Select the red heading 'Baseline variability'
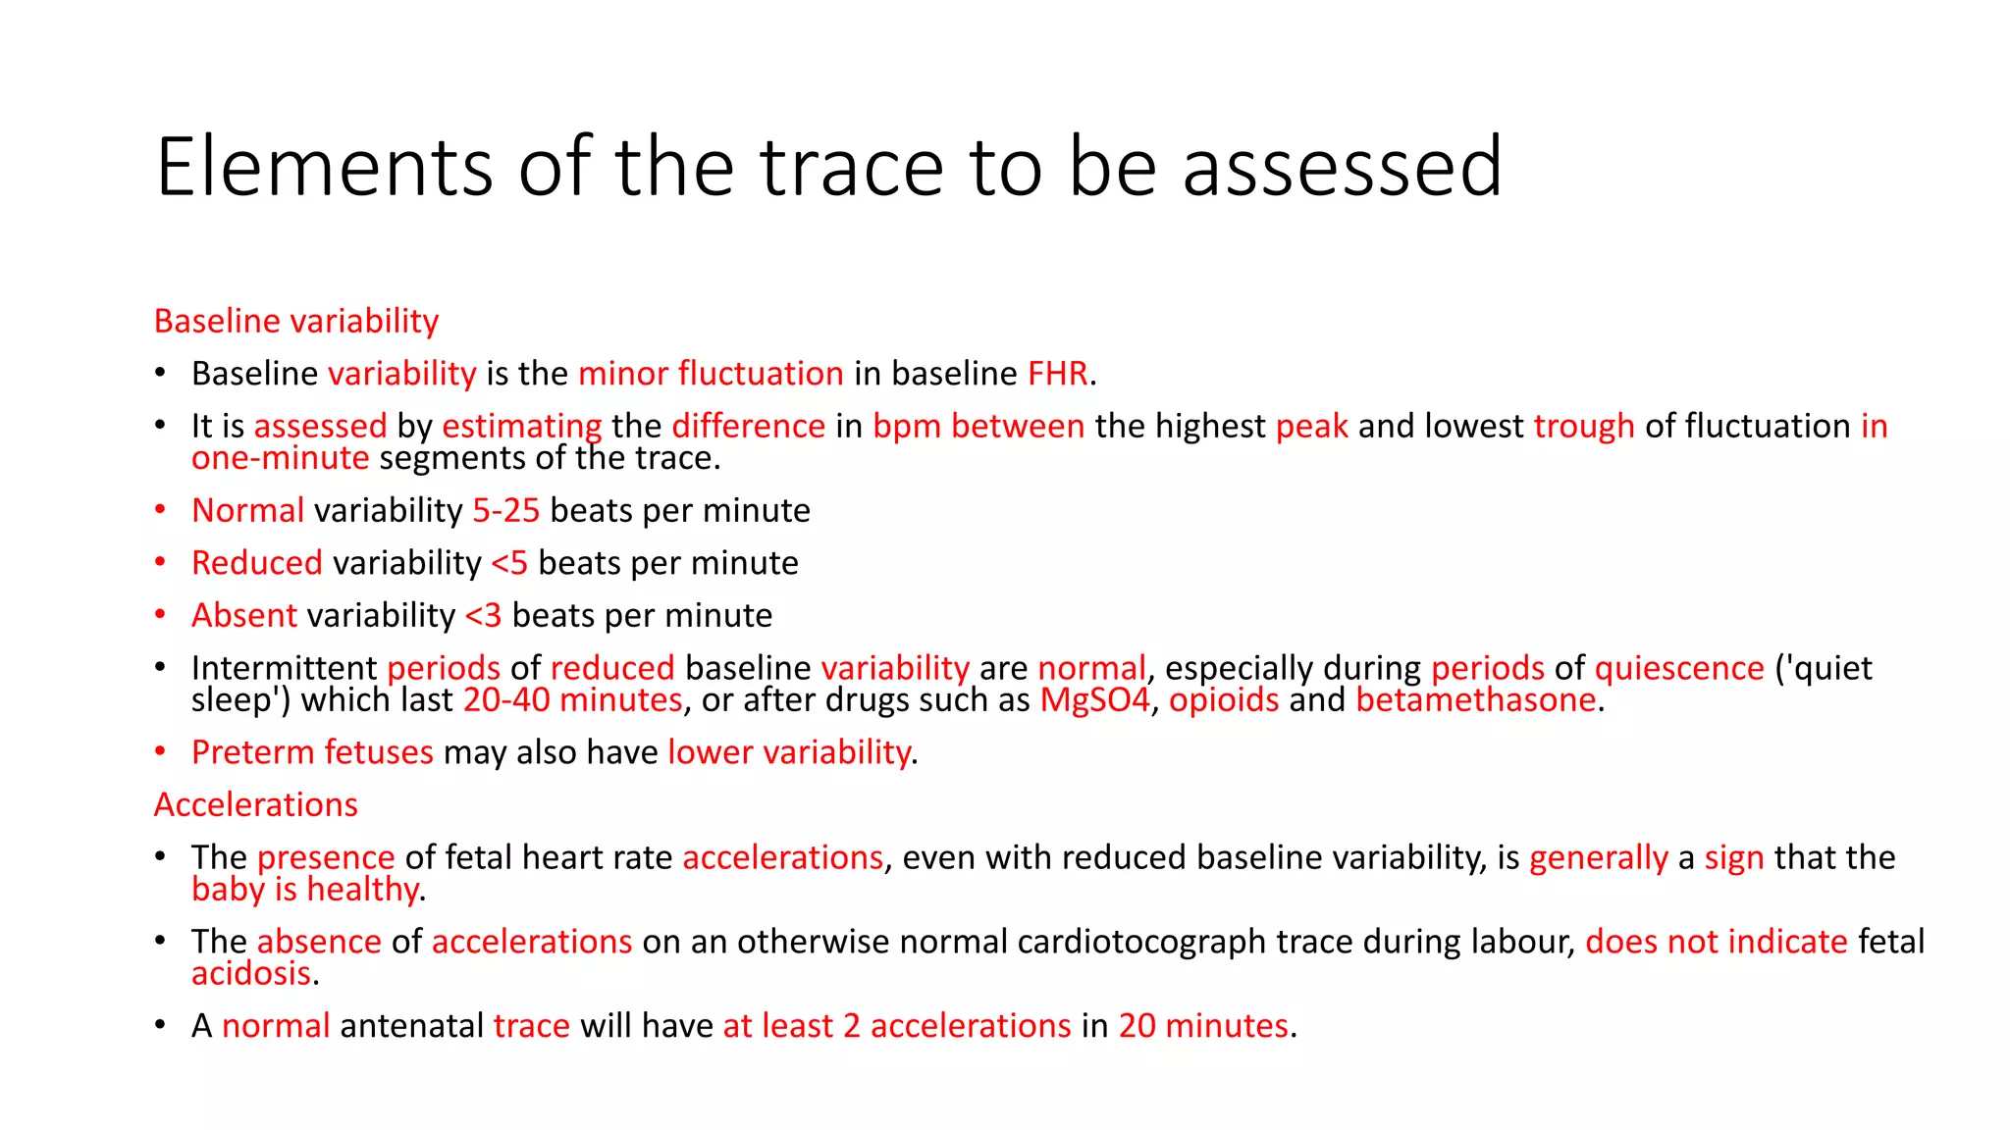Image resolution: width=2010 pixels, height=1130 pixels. pos(296,321)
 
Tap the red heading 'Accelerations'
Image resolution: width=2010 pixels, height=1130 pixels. pos(256,804)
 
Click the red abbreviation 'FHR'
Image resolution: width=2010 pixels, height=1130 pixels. pos(1058,374)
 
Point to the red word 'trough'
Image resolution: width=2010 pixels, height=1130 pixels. pos(1584,426)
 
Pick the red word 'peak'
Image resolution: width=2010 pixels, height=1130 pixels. pos(1312,427)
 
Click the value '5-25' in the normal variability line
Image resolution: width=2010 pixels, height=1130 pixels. pos(506,510)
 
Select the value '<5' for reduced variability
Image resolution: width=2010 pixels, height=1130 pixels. pos(509,563)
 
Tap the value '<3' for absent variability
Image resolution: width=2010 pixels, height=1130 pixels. pos(483,616)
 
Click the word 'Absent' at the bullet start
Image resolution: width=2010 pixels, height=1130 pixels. pos(244,615)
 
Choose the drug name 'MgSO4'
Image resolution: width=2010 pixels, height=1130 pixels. pos(1094,700)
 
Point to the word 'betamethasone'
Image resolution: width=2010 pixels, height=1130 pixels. pos(1476,700)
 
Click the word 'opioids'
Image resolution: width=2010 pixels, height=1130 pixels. pos(1224,700)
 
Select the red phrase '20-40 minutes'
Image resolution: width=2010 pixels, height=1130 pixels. pos(573,700)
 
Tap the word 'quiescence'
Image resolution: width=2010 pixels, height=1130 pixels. pos(1679,668)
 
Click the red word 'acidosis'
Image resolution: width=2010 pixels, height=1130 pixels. pos(251,973)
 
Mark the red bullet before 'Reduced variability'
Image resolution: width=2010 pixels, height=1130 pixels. pos(160,562)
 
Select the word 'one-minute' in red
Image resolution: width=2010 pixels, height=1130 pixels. pos(281,458)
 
